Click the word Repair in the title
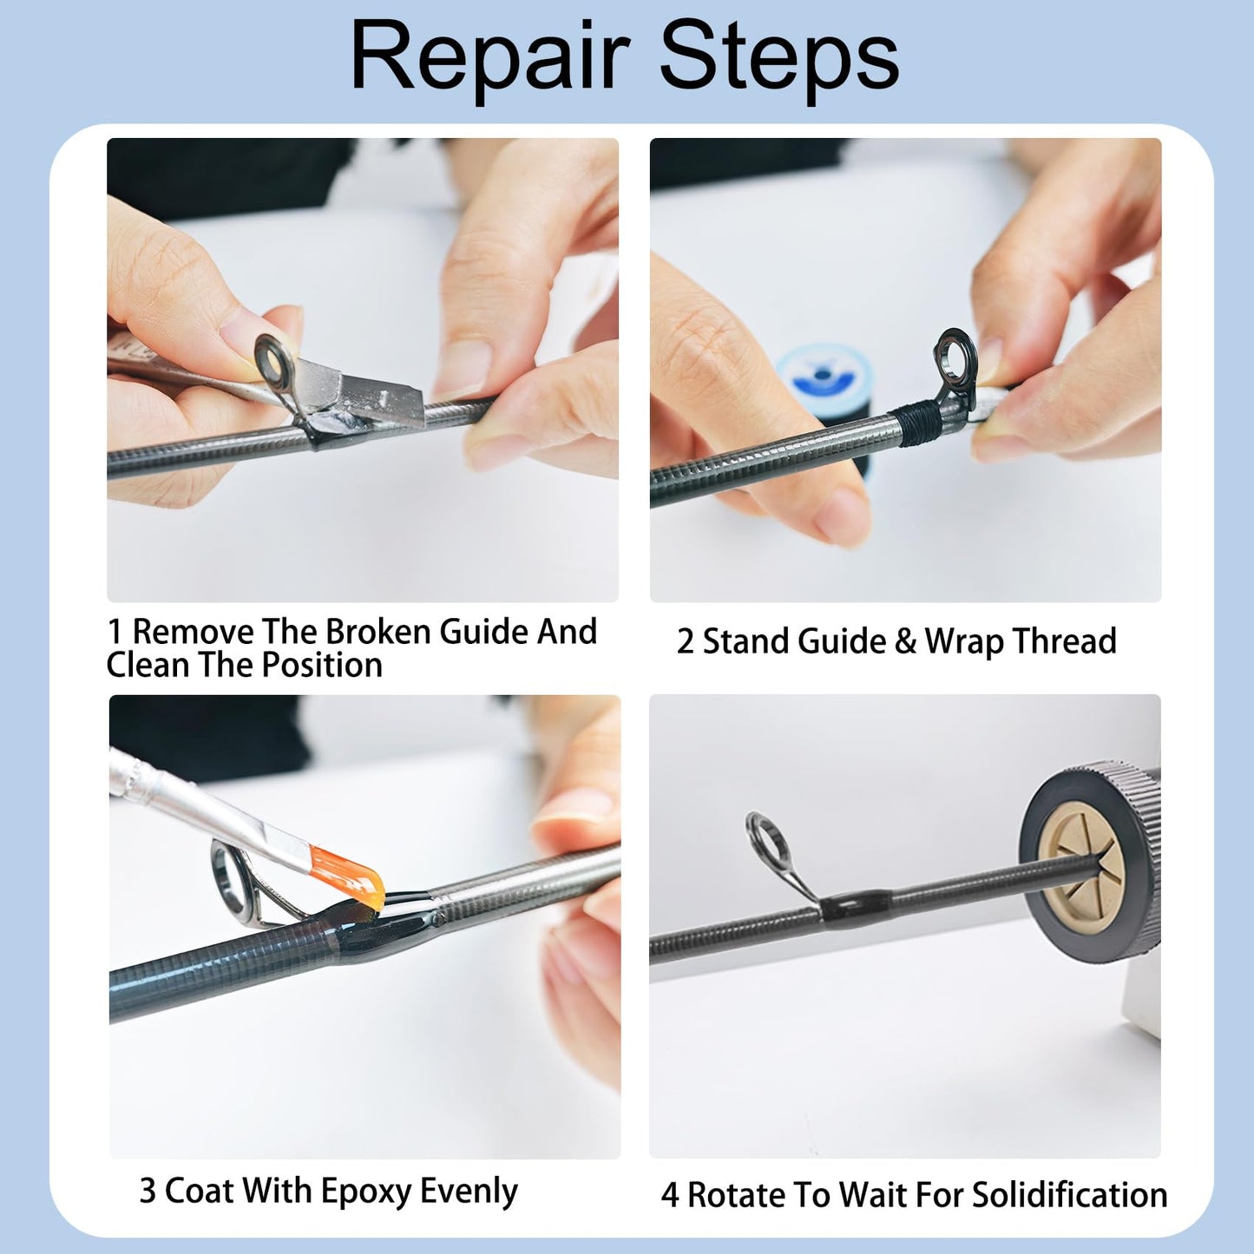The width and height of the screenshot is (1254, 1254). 489,57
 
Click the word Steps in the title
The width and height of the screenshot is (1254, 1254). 778,57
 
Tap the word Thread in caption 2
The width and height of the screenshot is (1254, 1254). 1064,641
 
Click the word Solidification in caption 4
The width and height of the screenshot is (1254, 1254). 1069,1195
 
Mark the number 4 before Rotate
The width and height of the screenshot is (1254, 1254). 670,1196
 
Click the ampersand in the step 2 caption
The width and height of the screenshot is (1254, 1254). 904,641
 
